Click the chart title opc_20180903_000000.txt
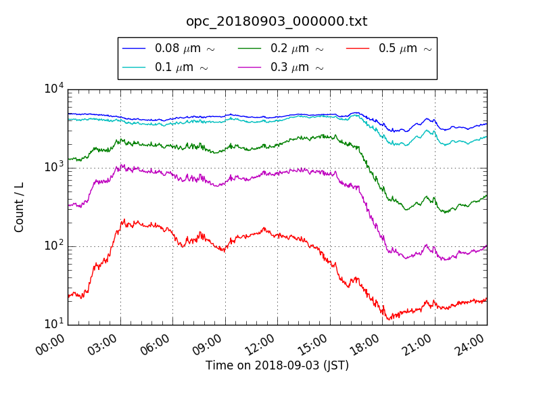click(x=277, y=22)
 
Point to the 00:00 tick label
click(x=51, y=346)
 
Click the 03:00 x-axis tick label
click(x=104, y=346)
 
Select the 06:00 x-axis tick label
click(x=156, y=346)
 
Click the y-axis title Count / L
click(x=20, y=207)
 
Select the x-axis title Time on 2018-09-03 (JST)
click(x=277, y=365)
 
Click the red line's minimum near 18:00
click(x=388, y=319)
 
